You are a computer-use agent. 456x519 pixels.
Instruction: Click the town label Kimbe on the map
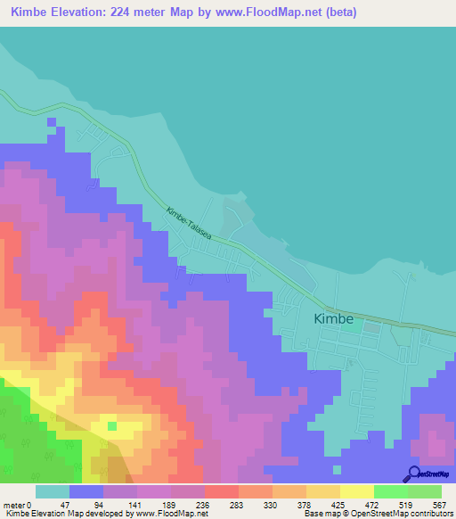tap(334, 318)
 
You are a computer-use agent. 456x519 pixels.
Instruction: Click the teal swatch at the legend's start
tap(53, 491)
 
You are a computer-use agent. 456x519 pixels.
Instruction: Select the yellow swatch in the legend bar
tap(357, 491)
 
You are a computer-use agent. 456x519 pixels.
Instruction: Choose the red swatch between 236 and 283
tap(222, 491)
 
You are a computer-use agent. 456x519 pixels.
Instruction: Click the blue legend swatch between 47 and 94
tap(86, 491)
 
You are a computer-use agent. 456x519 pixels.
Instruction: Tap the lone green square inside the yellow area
tap(112, 425)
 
